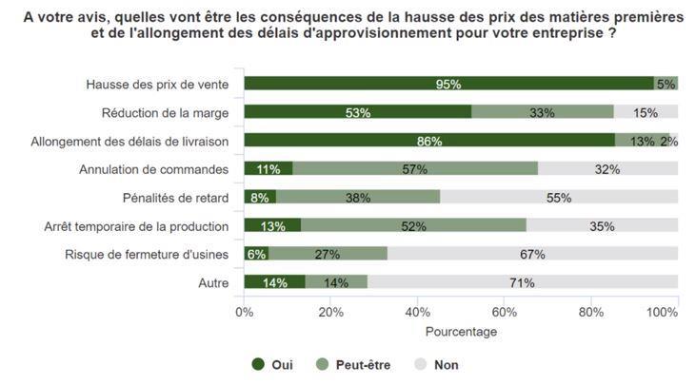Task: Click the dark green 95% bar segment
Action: pyautogui.click(x=448, y=84)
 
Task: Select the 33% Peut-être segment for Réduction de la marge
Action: pyautogui.click(x=543, y=112)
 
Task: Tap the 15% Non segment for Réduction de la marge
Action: pyautogui.click(x=646, y=112)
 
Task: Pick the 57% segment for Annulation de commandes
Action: pyautogui.click(x=415, y=169)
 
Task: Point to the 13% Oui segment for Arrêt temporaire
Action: pyautogui.click(x=272, y=226)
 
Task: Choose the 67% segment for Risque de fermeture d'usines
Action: pyautogui.click(x=532, y=254)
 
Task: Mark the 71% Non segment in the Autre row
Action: pyautogui.click(x=522, y=282)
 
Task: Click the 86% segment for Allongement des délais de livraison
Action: pyautogui.click(x=429, y=141)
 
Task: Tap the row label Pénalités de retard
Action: pyautogui.click(x=175, y=198)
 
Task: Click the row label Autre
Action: pyautogui.click(x=213, y=282)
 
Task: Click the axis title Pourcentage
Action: pyautogui.click(x=461, y=332)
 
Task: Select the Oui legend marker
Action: pyautogui.click(x=257, y=364)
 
